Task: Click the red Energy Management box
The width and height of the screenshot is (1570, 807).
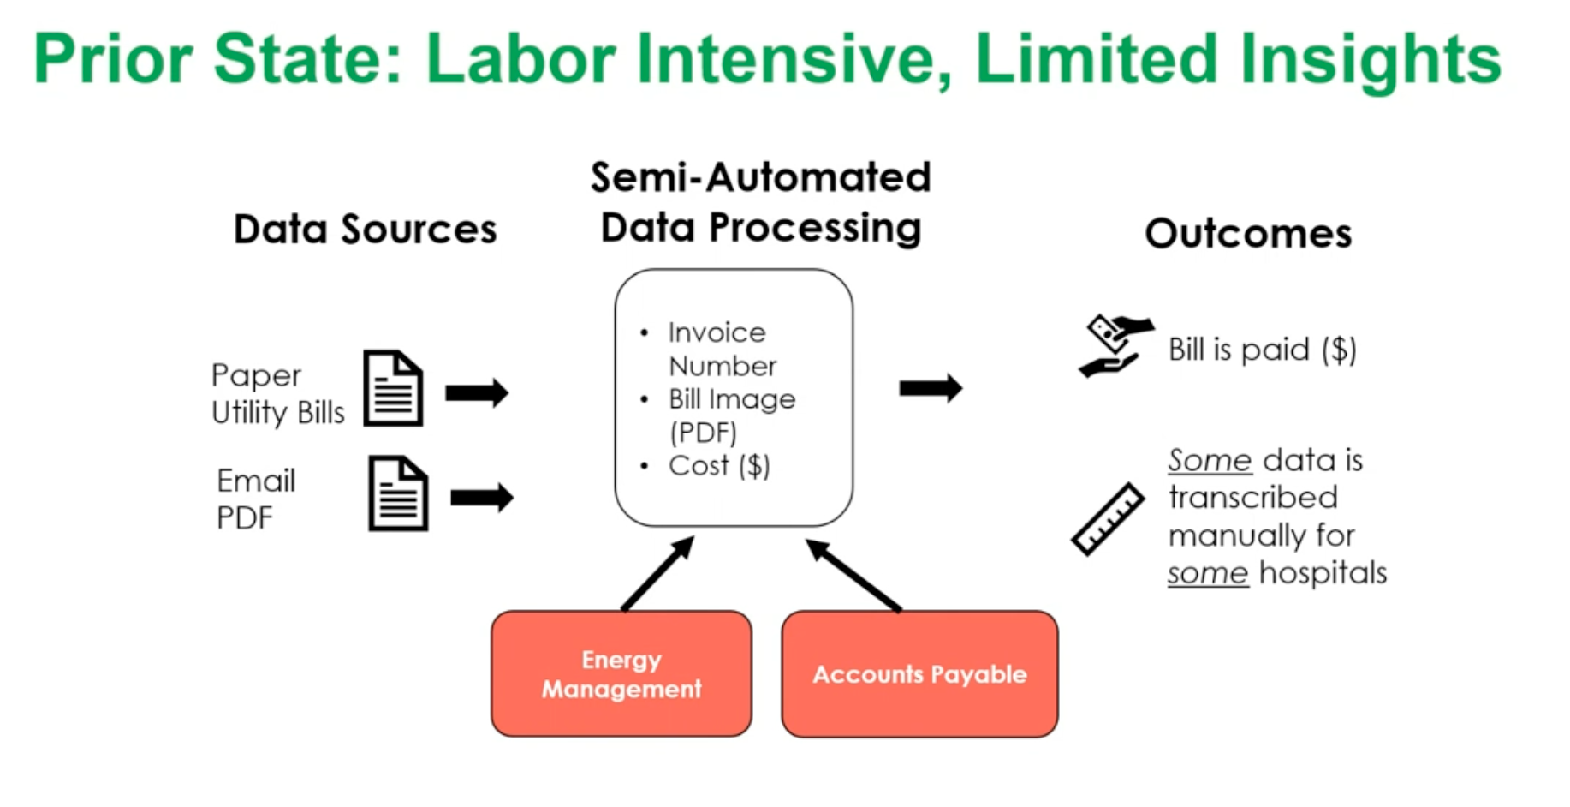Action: pyautogui.click(x=621, y=673)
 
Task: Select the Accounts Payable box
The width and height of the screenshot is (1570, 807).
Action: pyautogui.click(x=919, y=673)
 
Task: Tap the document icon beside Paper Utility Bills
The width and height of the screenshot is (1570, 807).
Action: pyautogui.click(x=393, y=388)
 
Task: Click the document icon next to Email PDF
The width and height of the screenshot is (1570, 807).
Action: pyautogui.click(x=398, y=493)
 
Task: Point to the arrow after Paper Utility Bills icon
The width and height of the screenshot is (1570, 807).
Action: pyautogui.click(x=477, y=393)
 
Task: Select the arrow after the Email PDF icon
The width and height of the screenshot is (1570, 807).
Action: pyautogui.click(x=482, y=498)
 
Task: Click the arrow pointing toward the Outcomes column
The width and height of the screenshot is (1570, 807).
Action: pyautogui.click(x=931, y=388)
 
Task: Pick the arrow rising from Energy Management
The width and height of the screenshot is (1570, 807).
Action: pyautogui.click(x=657, y=574)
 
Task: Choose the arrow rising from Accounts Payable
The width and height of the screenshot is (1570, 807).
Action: pyautogui.click(x=853, y=576)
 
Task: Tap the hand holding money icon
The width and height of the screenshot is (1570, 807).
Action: pyautogui.click(x=1114, y=345)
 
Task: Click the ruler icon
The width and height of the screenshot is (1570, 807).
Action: pyautogui.click(x=1108, y=519)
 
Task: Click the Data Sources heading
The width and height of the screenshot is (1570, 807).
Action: pyautogui.click(x=366, y=230)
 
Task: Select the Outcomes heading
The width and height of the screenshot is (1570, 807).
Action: pyautogui.click(x=1248, y=233)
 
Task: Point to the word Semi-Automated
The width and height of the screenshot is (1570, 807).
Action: pyautogui.click(x=760, y=177)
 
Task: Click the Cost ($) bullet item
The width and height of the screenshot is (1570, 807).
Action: pyautogui.click(x=719, y=466)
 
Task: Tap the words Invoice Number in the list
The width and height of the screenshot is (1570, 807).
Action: pyautogui.click(x=722, y=349)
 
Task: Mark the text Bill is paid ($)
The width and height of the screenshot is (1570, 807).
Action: pyautogui.click(x=1262, y=350)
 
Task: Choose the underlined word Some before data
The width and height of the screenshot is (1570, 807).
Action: pyautogui.click(x=1209, y=461)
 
